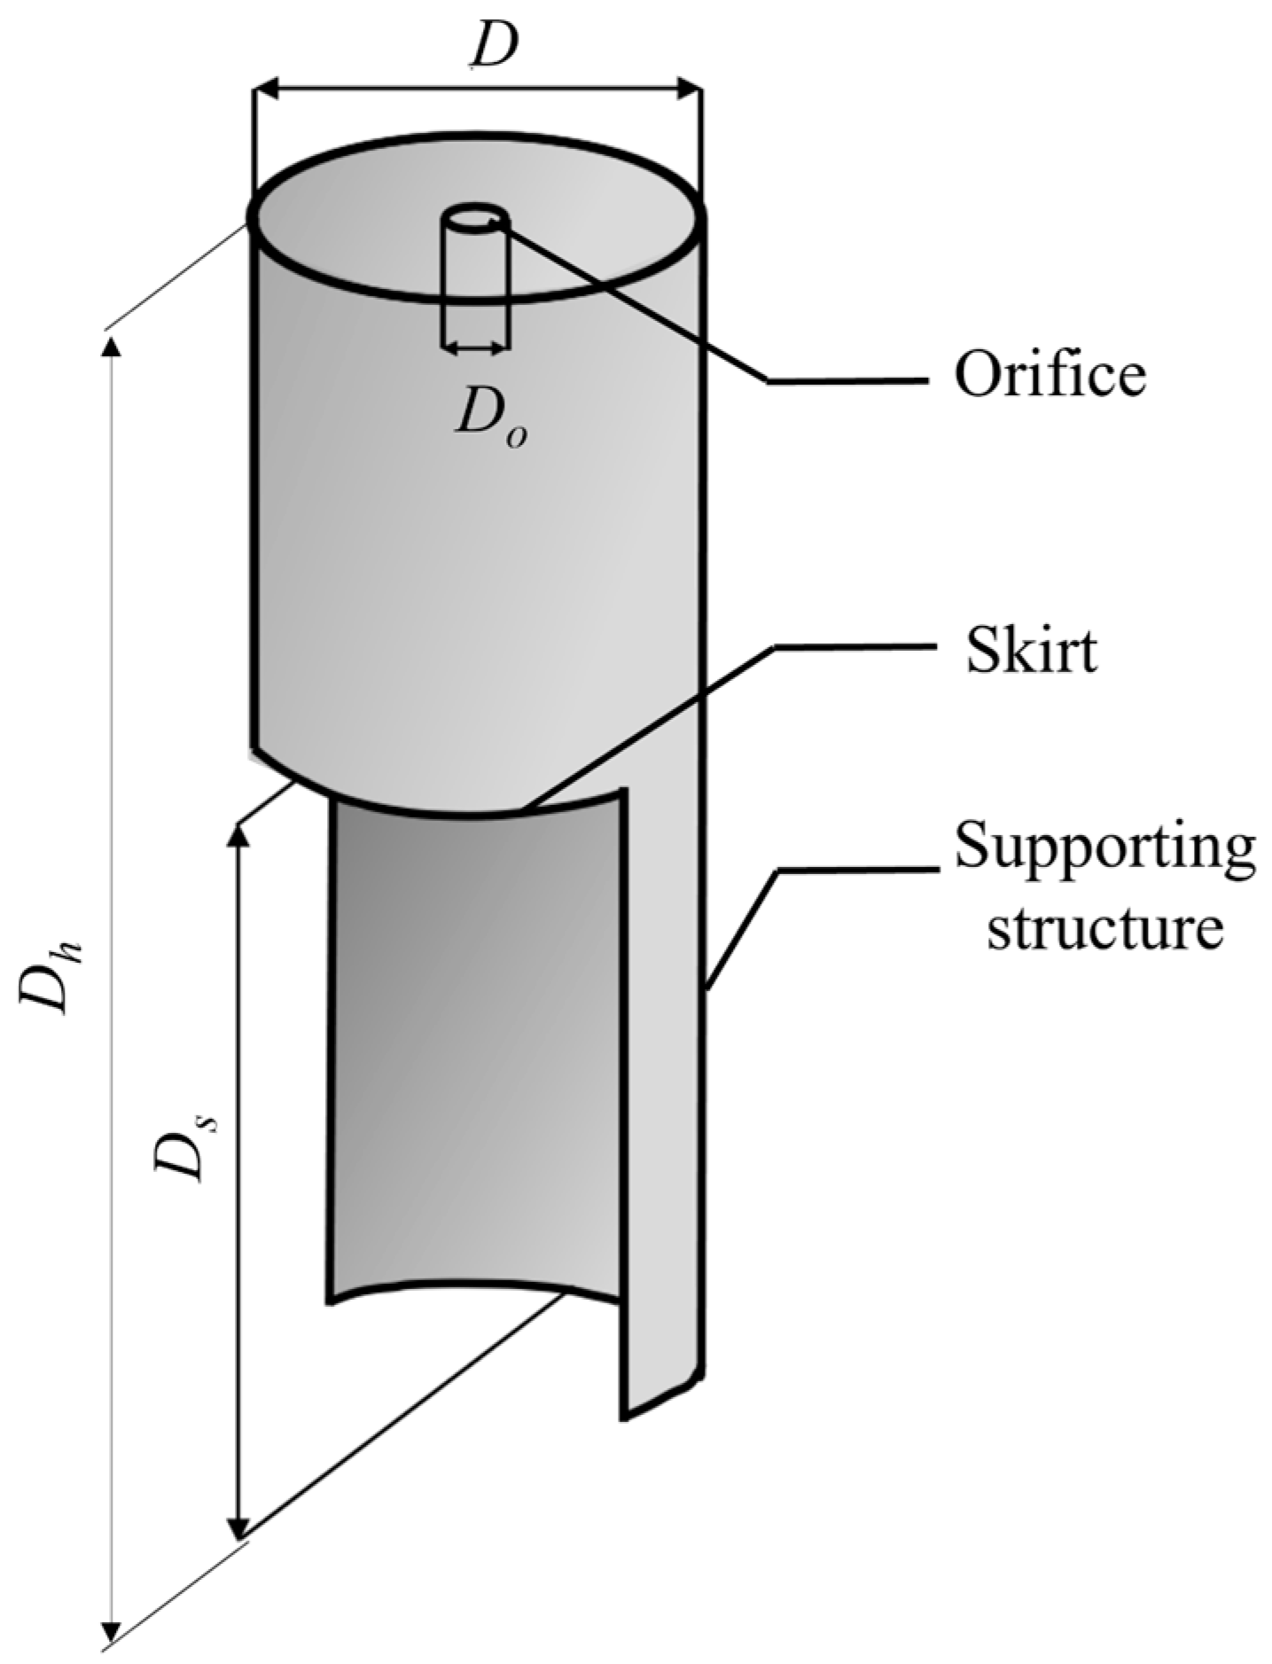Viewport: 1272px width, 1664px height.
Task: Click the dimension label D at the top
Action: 494,49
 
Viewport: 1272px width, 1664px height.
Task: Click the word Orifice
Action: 1050,375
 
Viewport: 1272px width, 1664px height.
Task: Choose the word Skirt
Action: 1031,652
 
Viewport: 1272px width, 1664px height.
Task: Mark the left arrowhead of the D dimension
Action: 265,89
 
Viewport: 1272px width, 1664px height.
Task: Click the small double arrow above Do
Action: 474,349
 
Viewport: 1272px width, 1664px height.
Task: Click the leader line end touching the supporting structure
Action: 706,984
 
